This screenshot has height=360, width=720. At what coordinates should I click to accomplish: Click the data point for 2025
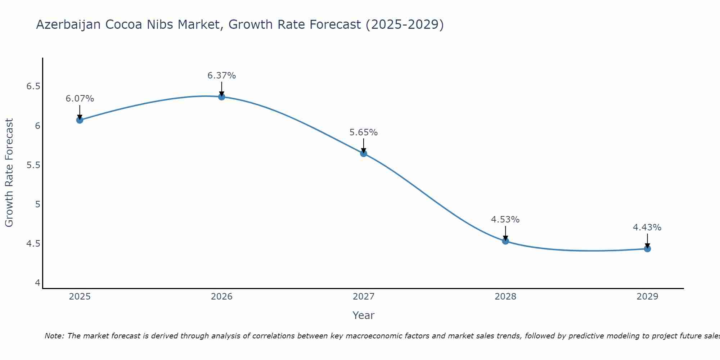[x=80, y=120]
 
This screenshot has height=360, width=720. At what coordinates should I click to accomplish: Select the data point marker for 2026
[x=222, y=96]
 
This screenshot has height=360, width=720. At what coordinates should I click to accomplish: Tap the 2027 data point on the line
[x=364, y=153]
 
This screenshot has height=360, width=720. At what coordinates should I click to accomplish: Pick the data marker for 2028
[x=505, y=241]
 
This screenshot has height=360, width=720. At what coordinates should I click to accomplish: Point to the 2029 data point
[x=647, y=249]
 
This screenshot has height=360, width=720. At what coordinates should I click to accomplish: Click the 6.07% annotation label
[x=80, y=99]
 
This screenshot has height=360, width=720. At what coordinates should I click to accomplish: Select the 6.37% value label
[x=222, y=76]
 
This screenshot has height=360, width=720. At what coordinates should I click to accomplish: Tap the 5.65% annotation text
[x=364, y=132]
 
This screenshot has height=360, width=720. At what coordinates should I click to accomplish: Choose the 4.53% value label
[x=505, y=220]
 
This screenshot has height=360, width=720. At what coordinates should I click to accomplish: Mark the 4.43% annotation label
[x=647, y=228]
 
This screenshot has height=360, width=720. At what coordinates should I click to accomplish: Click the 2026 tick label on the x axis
[x=222, y=297]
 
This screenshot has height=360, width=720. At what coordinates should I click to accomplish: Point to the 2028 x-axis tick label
[x=505, y=297]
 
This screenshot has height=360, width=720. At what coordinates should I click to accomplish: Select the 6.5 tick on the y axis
[x=33, y=87]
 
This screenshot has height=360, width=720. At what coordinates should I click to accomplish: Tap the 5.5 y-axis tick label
[x=33, y=165]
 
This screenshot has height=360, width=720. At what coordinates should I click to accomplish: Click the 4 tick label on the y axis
[x=37, y=283]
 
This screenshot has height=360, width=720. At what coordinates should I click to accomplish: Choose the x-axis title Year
[x=364, y=315]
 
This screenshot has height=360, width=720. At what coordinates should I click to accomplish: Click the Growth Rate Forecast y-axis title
[x=9, y=173]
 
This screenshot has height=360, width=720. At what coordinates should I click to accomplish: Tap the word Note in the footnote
[x=54, y=336]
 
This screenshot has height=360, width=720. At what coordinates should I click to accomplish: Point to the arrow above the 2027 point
[x=364, y=145]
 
